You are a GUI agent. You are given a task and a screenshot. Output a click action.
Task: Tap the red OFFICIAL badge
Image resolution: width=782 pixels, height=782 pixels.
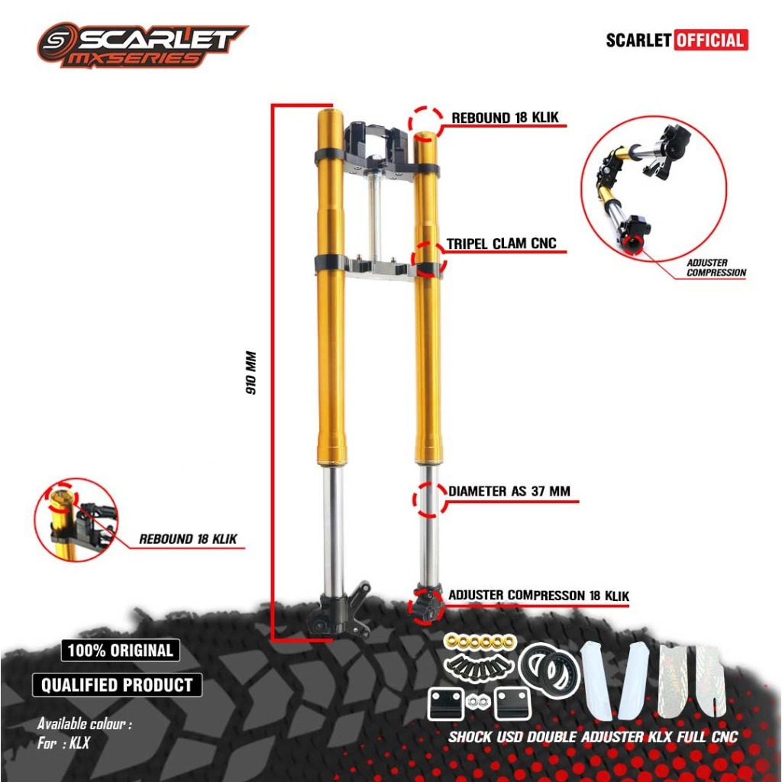tap(710, 40)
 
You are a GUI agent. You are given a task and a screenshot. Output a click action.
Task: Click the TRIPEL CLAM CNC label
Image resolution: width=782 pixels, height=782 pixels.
tap(502, 244)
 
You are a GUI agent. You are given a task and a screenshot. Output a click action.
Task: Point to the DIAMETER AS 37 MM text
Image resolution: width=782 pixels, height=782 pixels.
tap(509, 491)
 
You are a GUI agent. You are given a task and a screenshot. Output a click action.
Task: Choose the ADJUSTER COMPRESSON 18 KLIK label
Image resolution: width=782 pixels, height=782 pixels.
tap(539, 595)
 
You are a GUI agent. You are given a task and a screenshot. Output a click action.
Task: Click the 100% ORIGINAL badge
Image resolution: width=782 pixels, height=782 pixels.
tap(121, 651)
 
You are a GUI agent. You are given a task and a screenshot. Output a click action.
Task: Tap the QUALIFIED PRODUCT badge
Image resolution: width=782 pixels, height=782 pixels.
tap(117, 684)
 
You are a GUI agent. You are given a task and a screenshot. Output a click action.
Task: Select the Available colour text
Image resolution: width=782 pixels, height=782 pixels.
tap(85, 724)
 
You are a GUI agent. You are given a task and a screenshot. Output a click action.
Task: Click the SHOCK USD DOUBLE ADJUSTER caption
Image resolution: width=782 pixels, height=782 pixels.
tap(593, 737)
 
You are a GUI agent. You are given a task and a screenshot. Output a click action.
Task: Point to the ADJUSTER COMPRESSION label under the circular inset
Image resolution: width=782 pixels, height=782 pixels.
tap(716, 267)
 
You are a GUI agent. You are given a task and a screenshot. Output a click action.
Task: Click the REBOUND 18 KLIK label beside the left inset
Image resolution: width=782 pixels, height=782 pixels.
tap(188, 538)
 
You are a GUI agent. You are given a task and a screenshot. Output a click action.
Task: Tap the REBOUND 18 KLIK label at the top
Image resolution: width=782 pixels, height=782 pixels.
tap(506, 118)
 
